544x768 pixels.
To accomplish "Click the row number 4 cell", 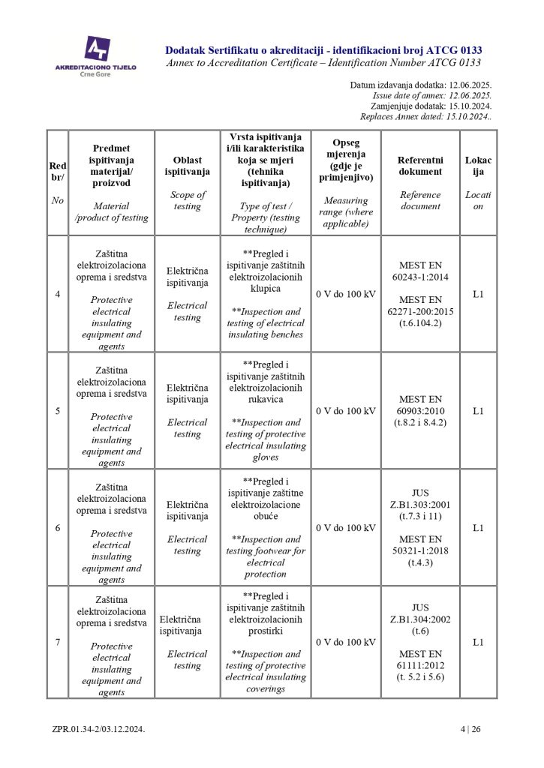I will pos(58,294).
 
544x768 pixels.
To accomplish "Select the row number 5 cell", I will pos(58,411).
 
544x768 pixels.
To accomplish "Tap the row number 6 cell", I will pos(58,528).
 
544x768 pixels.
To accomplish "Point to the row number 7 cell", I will pos(58,643).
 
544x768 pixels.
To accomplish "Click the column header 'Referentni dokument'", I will pos(420,166).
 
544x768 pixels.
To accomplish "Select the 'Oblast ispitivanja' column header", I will pos(187,166).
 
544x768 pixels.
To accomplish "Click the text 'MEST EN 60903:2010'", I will pos(420,405).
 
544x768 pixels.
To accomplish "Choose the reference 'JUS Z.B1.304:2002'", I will pos(420,613).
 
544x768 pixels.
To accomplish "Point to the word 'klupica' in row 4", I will pos(266,288).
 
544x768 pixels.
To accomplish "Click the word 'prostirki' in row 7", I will pos(266,631).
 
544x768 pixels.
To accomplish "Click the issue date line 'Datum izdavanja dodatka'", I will pos(420,85).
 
